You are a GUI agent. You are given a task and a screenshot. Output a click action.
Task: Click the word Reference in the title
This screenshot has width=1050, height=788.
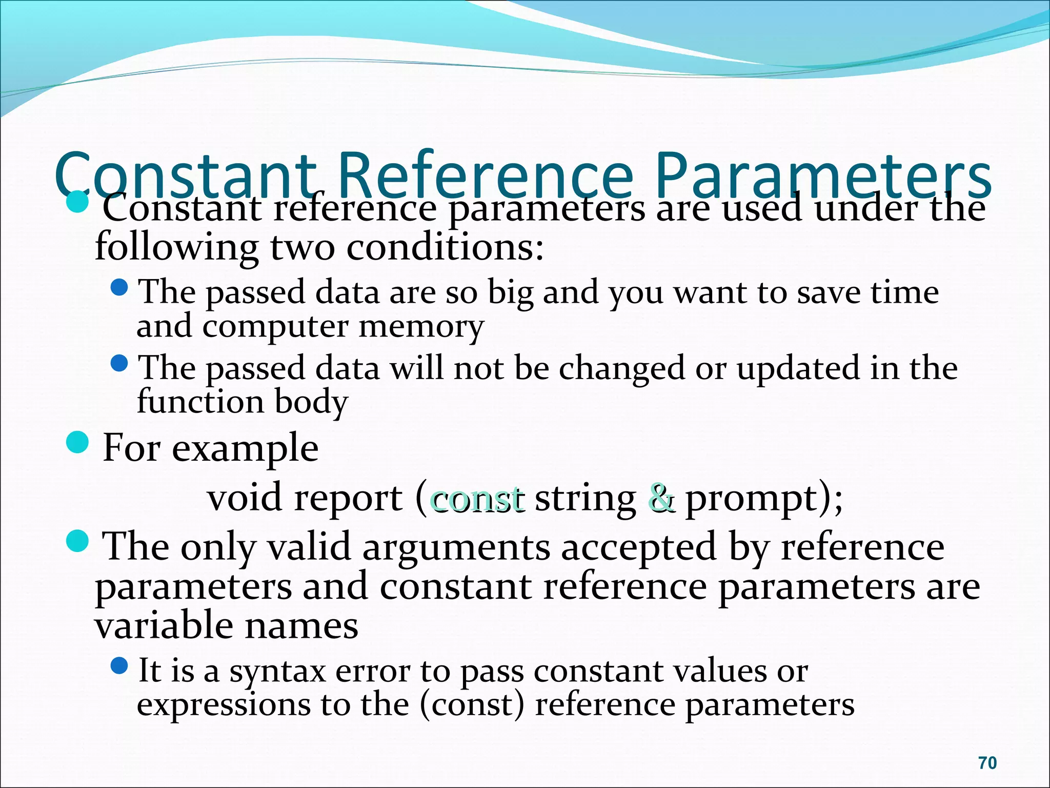(x=484, y=175)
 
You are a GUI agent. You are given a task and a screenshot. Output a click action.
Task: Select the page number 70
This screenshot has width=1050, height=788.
(x=987, y=763)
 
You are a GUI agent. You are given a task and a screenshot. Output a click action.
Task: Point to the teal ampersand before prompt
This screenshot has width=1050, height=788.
(x=661, y=498)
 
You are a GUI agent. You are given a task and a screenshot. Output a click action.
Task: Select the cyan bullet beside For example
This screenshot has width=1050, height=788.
(x=78, y=442)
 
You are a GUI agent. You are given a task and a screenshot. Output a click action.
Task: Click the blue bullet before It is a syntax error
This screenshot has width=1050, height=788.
(x=119, y=666)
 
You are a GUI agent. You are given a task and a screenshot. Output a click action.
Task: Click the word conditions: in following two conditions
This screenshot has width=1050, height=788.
(x=445, y=248)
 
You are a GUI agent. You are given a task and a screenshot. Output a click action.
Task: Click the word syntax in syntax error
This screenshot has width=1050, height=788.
(x=277, y=672)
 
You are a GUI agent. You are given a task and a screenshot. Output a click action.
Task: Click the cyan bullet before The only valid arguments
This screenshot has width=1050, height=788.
(x=78, y=541)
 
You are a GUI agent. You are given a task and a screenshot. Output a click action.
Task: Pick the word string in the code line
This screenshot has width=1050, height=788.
(x=585, y=499)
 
